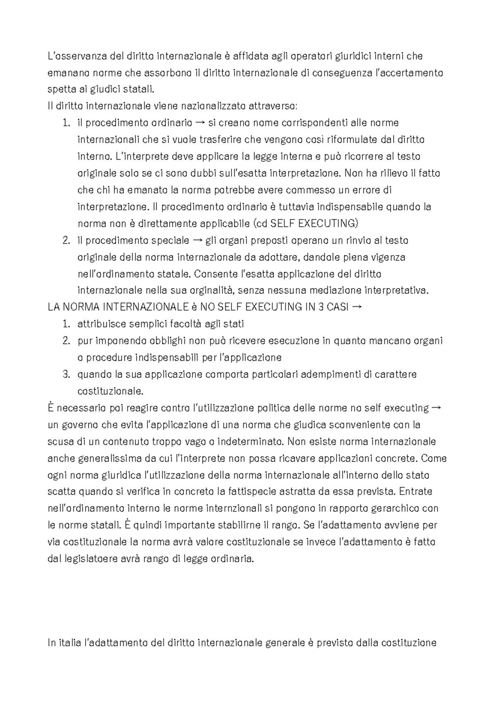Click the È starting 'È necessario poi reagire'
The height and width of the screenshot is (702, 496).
(x=51, y=408)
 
